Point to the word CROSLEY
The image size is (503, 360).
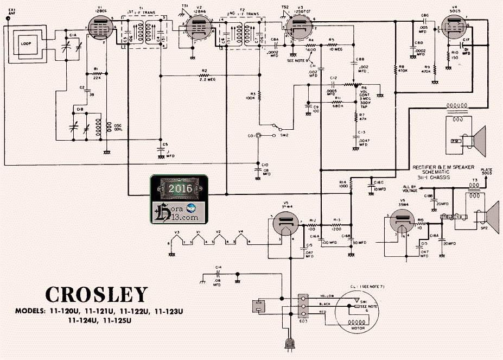point(96,294)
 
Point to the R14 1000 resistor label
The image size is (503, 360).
point(342,185)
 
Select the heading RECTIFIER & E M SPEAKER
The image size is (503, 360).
point(440,167)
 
